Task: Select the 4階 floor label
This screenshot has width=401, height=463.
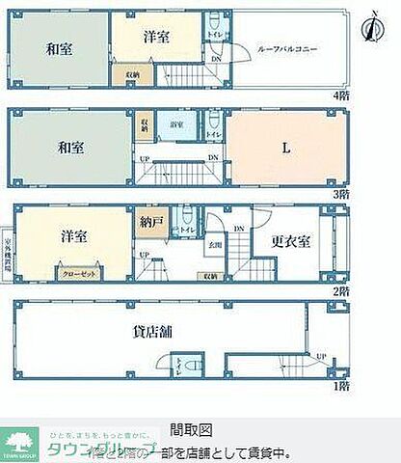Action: click(x=340, y=96)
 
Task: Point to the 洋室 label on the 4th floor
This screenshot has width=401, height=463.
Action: click(x=157, y=38)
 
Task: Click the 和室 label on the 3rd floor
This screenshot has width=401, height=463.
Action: click(x=70, y=148)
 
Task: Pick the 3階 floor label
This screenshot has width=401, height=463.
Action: click(x=340, y=194)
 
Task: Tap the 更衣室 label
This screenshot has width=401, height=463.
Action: click(x=289, y=241)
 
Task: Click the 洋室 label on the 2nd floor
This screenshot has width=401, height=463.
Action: click(x=74, y=235)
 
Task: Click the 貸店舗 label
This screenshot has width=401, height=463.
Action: click(x=152, y=332)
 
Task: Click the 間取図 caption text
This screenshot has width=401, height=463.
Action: click(x=190, y=429)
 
